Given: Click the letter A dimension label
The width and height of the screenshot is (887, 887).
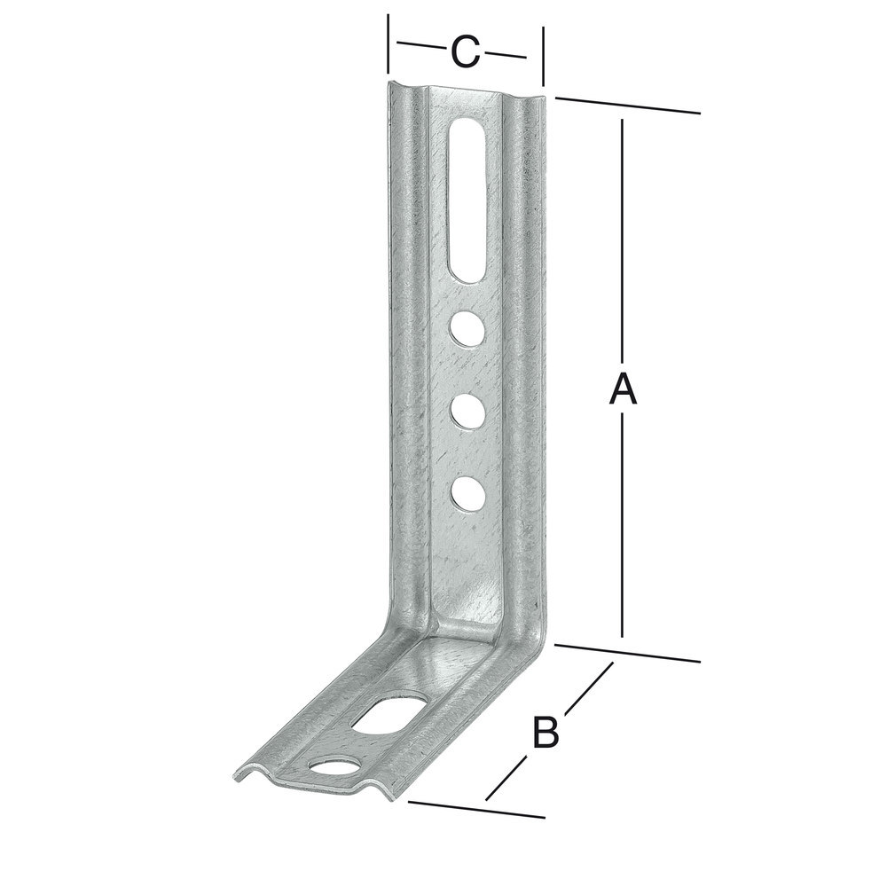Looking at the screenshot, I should (x=623, y=389).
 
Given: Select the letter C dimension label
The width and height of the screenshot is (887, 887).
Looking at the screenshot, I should (x=465, y=52).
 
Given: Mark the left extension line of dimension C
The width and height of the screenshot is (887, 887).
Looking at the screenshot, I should (x=388, y=44).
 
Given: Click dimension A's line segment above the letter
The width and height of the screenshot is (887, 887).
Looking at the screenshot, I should (x=623, y=239).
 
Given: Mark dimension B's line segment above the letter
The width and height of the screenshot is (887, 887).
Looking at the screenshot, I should (x=587, y=687).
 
